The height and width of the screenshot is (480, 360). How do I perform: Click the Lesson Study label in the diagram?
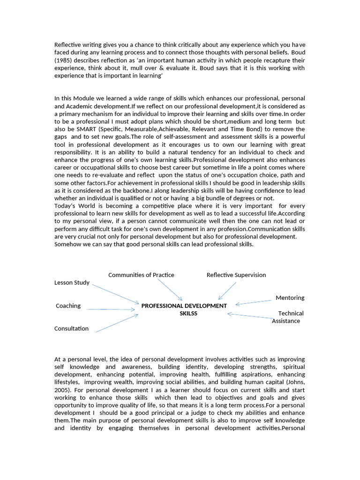[72, 283]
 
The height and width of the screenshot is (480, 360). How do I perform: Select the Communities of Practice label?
[141, 275]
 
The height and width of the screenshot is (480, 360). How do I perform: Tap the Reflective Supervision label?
[236, 275]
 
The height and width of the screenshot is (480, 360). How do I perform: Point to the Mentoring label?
[290, 298]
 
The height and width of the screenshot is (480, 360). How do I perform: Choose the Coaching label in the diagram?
[68, 306]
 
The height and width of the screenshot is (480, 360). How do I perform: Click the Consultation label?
[71, 328]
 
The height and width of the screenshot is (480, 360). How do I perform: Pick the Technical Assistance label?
[287, 317]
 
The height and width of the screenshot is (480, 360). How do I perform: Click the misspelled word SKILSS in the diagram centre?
[188, 313]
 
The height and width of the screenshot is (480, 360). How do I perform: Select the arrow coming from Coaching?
[112, 309]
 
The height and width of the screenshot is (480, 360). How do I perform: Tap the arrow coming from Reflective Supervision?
[227, 290]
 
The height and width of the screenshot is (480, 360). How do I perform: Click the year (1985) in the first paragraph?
[64, 61]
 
